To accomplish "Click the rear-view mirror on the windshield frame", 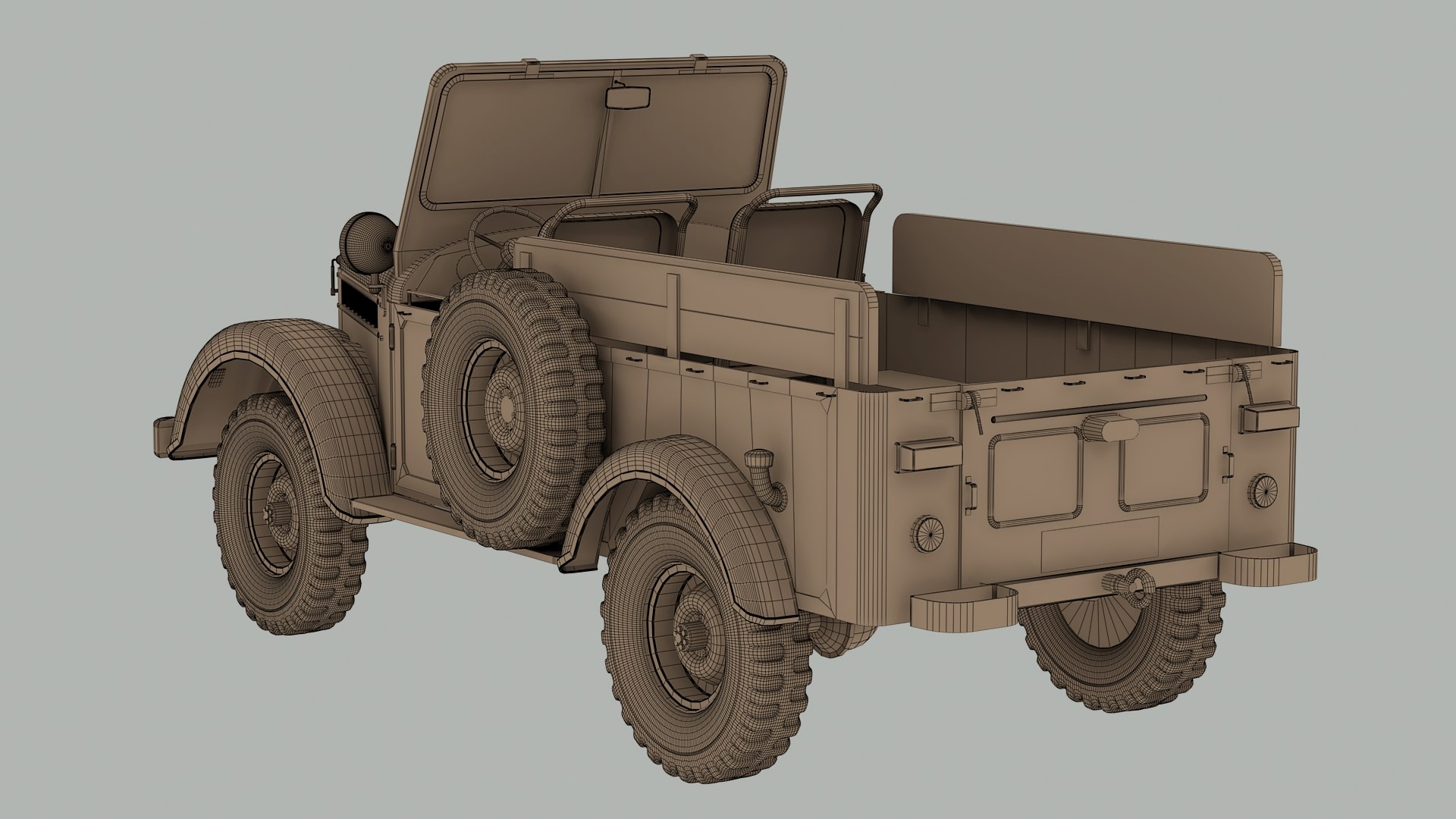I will (x=629, y=98).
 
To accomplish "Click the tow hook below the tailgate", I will (x=1130, y=585).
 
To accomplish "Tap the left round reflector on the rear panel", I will (x=927, y=533).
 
